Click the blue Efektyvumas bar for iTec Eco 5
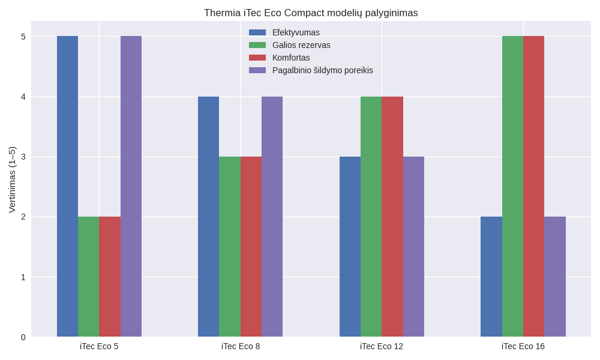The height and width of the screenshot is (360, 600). (x=67, y=186)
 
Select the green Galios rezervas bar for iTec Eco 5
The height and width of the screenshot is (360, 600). (x=88, y=276)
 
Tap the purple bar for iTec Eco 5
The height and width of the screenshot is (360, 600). (x=131, y=186)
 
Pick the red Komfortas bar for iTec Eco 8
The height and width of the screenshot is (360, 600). (x=251, y=246)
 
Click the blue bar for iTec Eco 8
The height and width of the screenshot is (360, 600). (x=208, y=216)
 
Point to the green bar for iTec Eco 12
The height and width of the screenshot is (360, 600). (x=371, y=216)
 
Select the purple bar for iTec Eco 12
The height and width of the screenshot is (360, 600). (x=413, y=246)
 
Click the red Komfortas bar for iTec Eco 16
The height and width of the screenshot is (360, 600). (x=533, y=186)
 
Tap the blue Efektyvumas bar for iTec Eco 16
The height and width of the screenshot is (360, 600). (x=491, y=276)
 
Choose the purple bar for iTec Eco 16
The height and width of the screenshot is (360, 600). (x=555, y=276)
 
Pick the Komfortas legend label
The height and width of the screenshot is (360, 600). (x=291, y=58)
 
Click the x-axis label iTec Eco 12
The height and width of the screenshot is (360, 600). (x=382, y=346)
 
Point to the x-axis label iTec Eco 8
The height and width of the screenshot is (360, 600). (x=241, y=346)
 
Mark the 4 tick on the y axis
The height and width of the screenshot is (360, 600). (x=23, y=97)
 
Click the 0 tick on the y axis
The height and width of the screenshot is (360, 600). (x=23, y=337)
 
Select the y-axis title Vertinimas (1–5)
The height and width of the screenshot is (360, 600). (x=12, y=179)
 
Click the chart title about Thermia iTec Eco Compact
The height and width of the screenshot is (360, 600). (x=311, y=13)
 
